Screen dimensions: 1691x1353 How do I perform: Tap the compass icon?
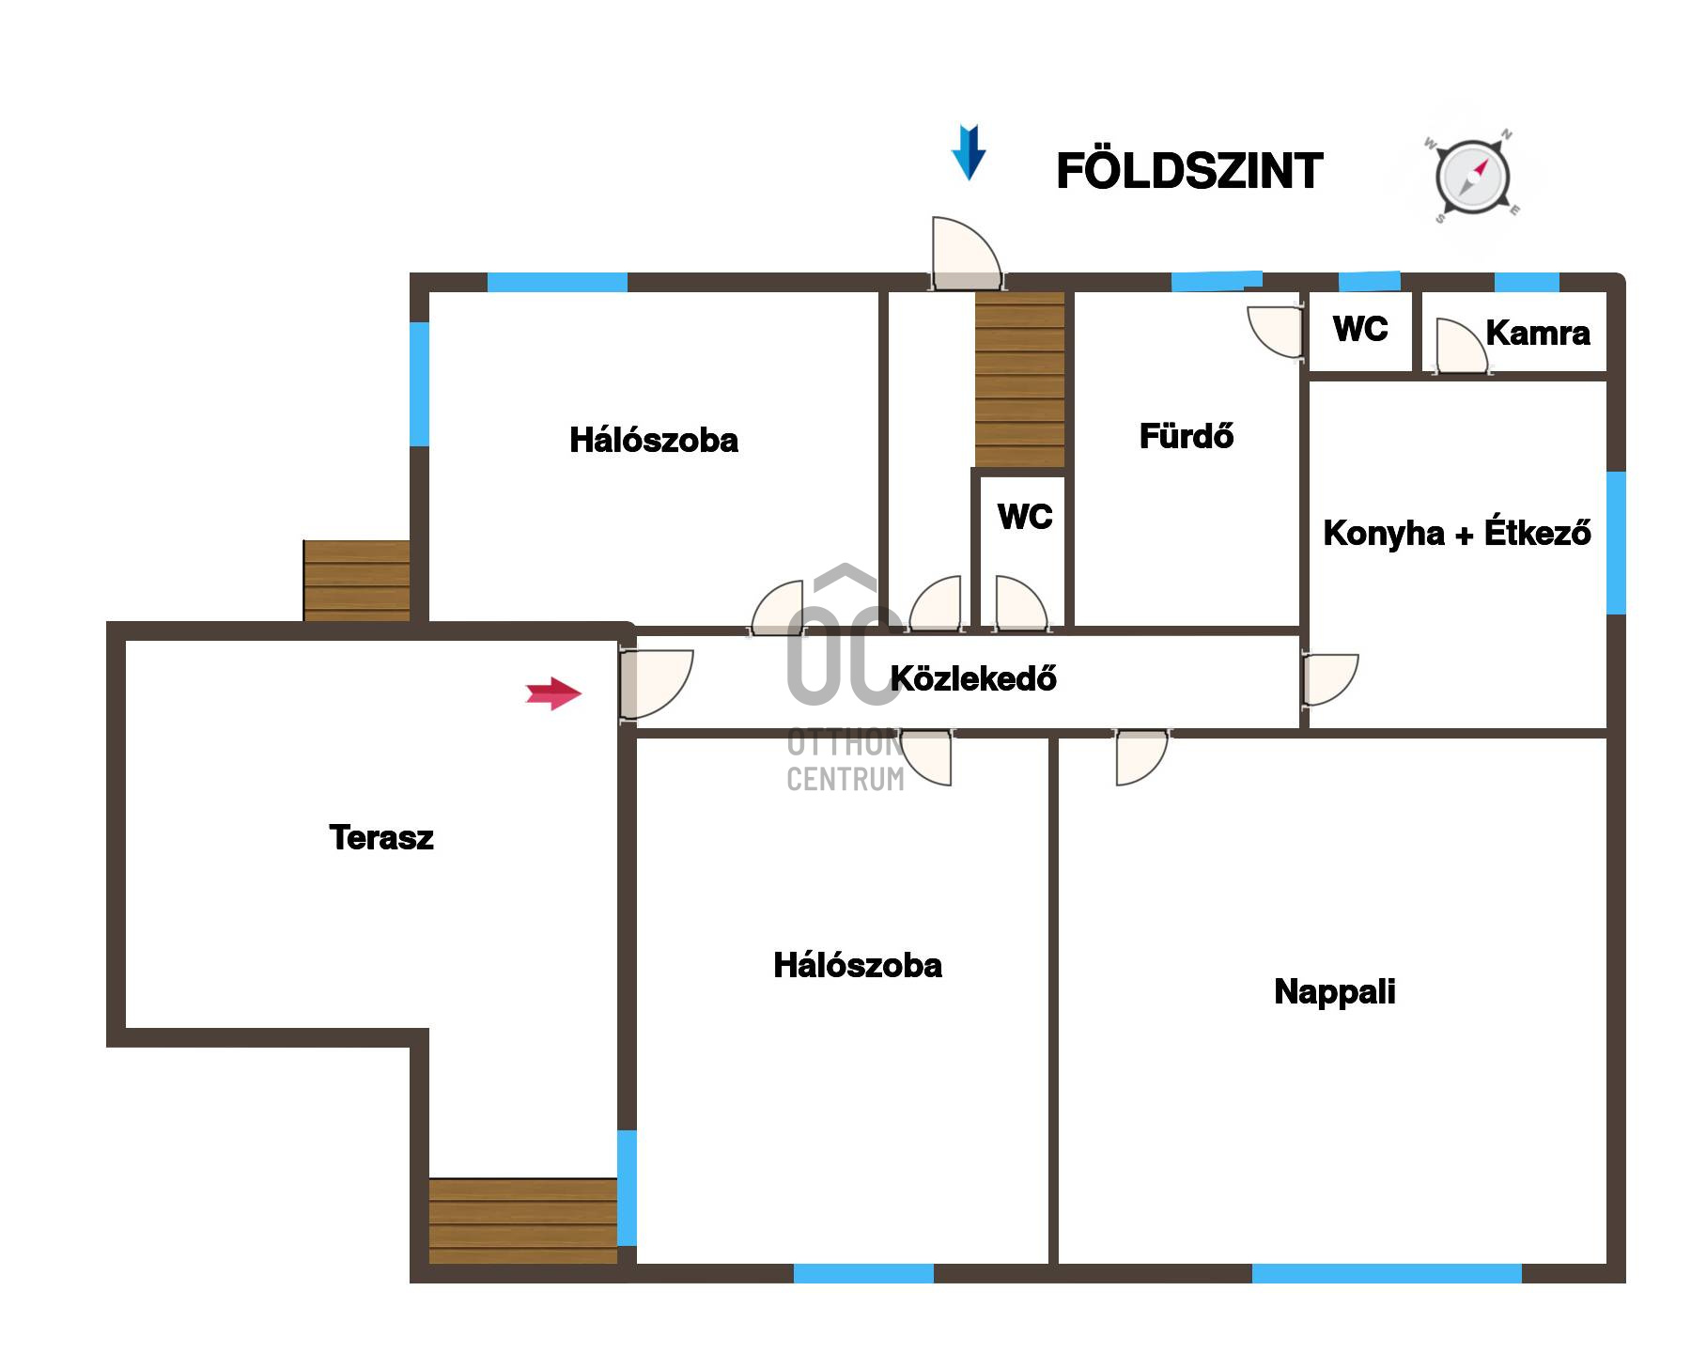click(1472, 177)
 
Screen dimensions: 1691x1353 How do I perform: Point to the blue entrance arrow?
click(969, 152)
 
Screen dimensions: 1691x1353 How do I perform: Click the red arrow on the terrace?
click(553, 693)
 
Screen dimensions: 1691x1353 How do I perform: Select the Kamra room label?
click(1538, 333)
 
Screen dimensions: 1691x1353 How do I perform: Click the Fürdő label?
click(1186, 436)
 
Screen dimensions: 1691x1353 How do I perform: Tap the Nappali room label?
click(1334, 991)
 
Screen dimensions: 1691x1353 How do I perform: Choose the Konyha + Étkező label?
click(1457, 533)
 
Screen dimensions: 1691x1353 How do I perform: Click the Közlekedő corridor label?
click(973, 677)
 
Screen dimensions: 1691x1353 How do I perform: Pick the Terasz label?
click(381, 837)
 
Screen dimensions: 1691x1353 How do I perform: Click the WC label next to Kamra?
click(1360, 329)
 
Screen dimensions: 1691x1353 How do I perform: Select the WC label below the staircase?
click(1025, 516)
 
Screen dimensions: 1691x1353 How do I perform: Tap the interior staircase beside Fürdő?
click(1019, 379)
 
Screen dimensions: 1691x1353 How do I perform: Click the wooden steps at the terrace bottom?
click(523, 1221)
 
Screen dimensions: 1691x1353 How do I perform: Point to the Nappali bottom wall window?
click(1387, 1273)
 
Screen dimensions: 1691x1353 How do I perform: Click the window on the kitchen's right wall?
click(1616, 542)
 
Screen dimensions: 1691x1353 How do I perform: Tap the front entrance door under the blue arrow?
click(966, 254)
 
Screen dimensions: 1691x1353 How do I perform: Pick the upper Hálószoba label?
click(654, 440)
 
